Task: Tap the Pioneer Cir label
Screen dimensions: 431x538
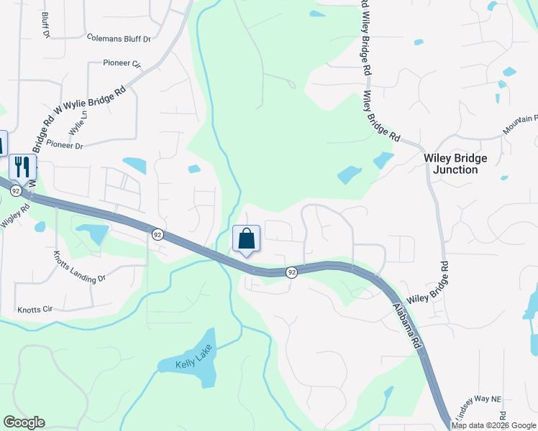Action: (x=122, y=63)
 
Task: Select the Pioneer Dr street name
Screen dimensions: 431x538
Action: (x=65, y=144)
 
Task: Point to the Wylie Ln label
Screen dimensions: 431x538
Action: (x=77, y=123)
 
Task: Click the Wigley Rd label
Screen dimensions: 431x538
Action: (x=15, y=217)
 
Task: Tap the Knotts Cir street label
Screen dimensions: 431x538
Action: (x=35, y=310)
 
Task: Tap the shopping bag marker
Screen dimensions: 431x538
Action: (x=246, y=239)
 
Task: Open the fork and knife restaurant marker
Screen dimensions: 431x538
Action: (x=22, y=167)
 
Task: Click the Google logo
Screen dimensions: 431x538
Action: (x=24, y=422)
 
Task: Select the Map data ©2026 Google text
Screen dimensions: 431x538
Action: (x=494, y=425)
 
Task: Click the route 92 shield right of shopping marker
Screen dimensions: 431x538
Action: (x=291, y=272)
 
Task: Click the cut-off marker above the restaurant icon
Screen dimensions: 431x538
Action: (x=2, y=143)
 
